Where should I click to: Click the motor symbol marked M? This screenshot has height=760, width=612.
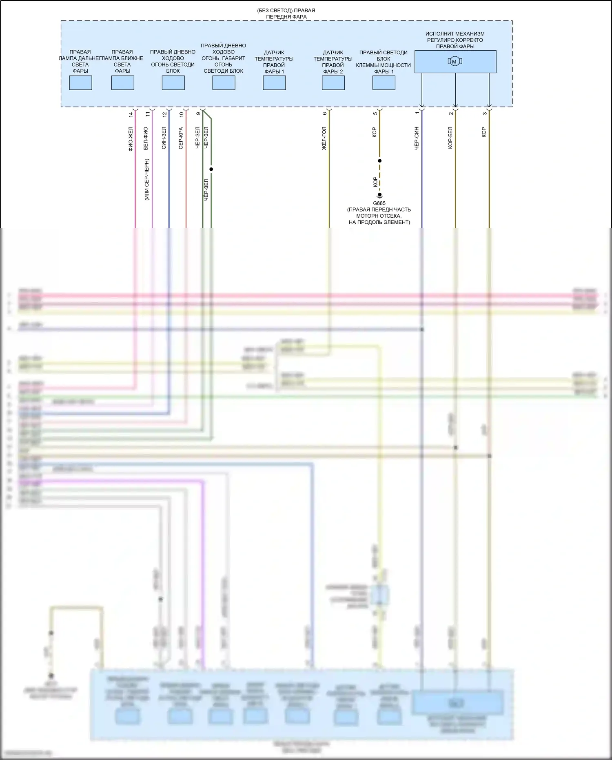pos(455,62)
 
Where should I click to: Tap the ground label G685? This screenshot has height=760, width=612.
pos(379,203)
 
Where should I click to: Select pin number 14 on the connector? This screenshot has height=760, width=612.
pos(131,115)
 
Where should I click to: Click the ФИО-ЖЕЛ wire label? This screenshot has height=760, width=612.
pos(131,139)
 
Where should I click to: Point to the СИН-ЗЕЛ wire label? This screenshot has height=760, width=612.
pos(164,138)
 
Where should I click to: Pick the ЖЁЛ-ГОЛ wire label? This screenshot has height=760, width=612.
pos(324,138)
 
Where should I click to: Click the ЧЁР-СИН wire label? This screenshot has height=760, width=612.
pos(417,138)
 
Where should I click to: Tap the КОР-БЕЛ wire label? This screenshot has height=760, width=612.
pos(450,138)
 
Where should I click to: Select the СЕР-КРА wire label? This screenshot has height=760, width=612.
pos(181,138)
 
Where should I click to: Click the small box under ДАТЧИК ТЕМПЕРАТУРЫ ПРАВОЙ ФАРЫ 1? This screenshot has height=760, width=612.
pos(274,83)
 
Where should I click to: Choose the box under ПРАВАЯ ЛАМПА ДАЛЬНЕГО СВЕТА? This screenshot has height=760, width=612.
pos(80,83)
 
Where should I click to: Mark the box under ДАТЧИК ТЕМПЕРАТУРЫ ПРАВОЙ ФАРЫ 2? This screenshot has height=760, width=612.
pos(333,83)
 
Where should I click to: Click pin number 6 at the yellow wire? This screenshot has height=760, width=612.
pos(325,114)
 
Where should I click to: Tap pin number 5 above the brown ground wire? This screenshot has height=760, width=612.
pos(375,114)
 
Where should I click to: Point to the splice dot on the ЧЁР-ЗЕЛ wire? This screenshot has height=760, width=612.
pos(211,169)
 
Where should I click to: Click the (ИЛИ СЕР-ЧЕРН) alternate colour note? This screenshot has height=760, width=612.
pos(147,179)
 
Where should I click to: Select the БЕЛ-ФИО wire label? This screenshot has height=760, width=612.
pos(146,138)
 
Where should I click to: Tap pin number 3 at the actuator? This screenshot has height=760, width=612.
pos(484,114)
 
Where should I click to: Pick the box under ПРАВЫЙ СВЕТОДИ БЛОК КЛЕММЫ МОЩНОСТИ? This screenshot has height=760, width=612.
pos(384,83)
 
